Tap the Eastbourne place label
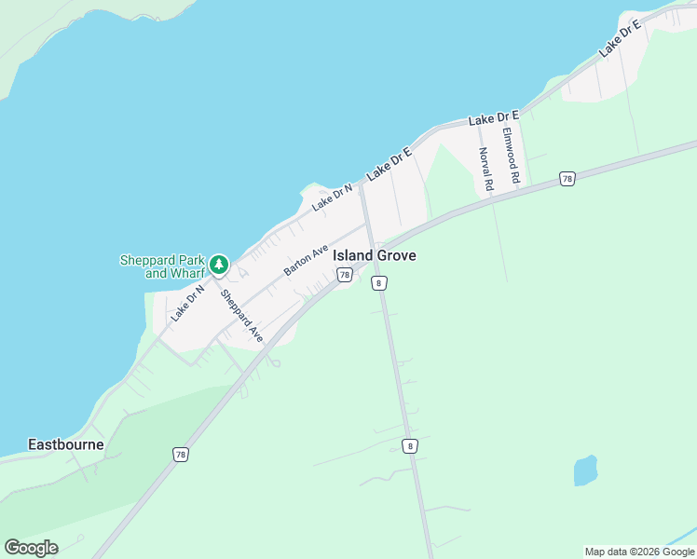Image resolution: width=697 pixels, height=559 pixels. coord(65,444)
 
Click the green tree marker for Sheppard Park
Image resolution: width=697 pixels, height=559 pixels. coord(219,265)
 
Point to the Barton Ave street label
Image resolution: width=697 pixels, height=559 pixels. coord(307,260)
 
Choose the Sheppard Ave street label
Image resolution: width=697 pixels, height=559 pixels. coord(242,316)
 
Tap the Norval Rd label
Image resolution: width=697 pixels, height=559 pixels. coord(485,169)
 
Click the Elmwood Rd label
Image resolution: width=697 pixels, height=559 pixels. coord(510,154)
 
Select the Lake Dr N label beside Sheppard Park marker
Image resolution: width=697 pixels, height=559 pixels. coord(187,303)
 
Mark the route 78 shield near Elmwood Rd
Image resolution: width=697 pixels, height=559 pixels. coord(567,178)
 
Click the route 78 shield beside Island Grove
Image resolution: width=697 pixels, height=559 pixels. coord(345,275)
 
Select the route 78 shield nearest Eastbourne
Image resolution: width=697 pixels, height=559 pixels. coord(180,454)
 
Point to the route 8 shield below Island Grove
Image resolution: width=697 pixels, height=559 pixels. coord(378,282)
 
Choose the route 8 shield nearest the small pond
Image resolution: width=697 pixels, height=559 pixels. coord(410,446)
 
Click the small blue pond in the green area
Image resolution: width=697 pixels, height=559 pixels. coord(584,470)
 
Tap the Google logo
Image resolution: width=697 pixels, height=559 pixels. coord(31,548)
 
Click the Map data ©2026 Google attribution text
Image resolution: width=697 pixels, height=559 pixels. coord(639,552)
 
